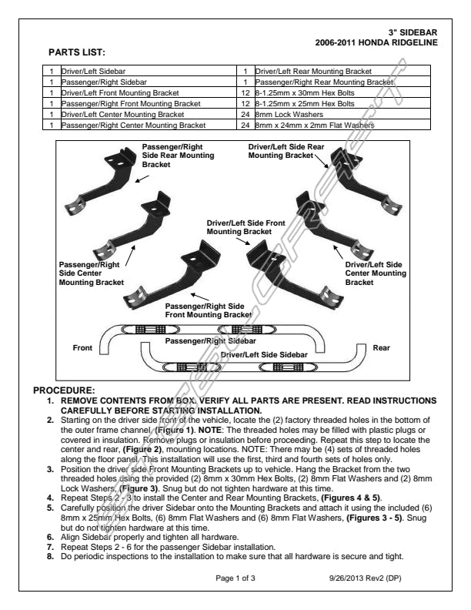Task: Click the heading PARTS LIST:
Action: [76, 52]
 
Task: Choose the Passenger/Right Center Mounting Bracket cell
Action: [133, 124]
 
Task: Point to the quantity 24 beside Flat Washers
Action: [246, 124]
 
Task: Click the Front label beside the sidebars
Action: [82, 348]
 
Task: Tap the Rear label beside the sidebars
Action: [381, 348]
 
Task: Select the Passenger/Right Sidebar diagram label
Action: [211, 340]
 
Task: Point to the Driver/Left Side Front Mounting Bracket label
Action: [246, 226]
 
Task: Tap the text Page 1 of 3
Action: [240, 577]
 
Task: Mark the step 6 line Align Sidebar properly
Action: [144, 536]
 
